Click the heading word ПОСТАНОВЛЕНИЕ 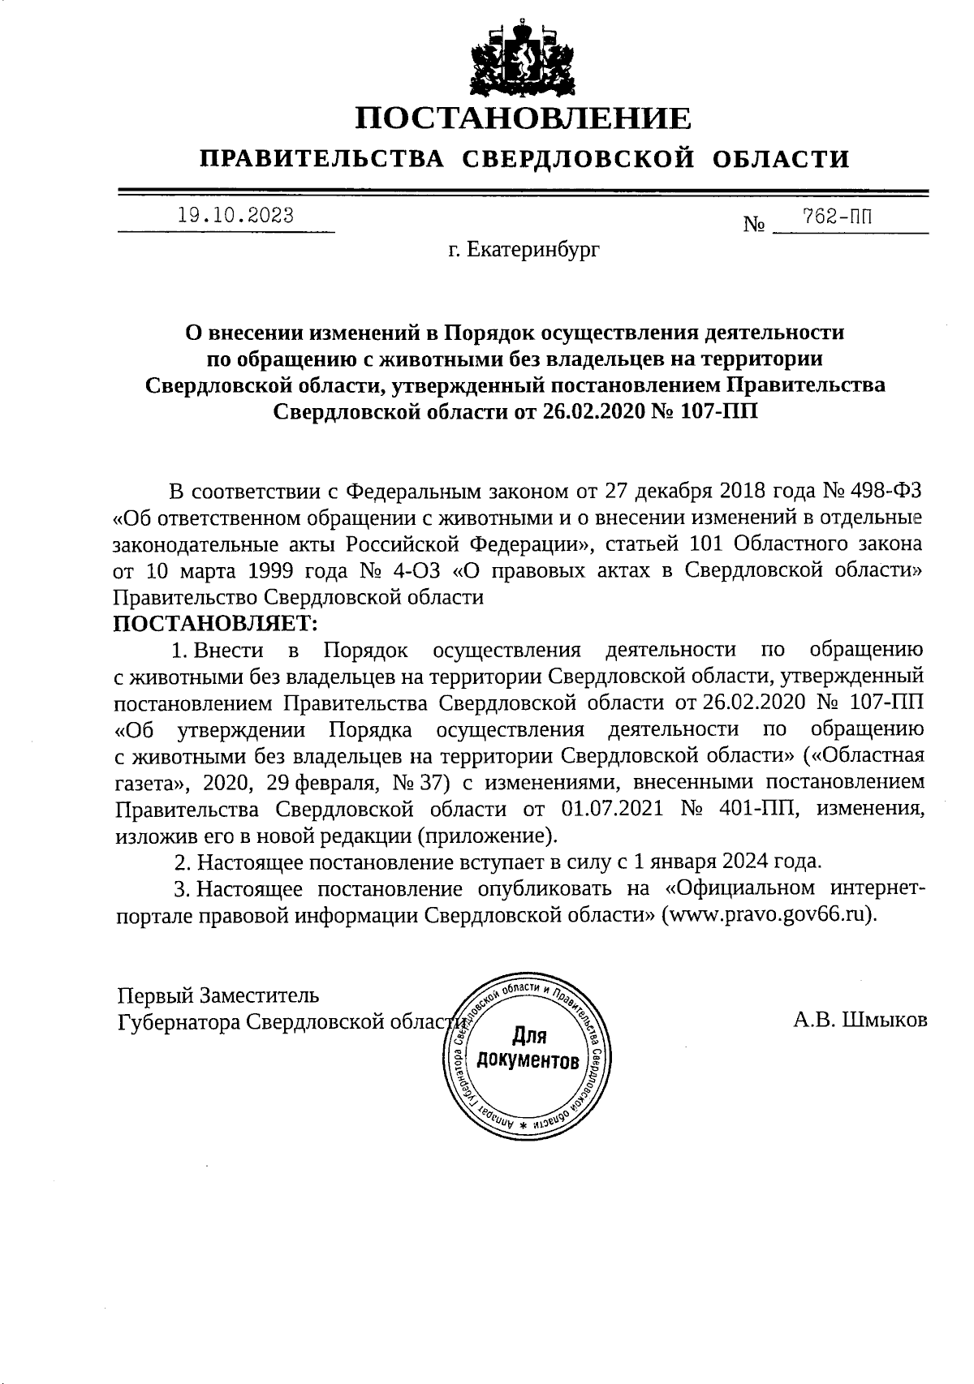click(x=524, y=118)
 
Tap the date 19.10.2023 click(x=235, y=216)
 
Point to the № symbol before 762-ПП click(x=754, y=224)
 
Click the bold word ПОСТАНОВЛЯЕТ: click(x=215, y=623)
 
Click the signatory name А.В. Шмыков click(x=860, y=1020)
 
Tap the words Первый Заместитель click(x=218, y=995)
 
